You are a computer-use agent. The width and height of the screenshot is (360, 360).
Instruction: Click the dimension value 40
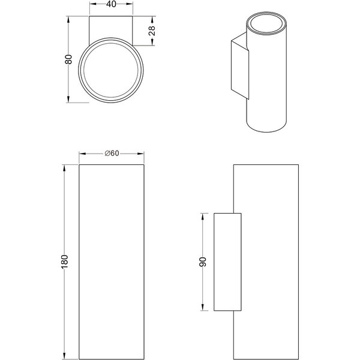pos(112,4)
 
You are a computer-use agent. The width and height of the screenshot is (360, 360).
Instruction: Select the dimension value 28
pos(152,31)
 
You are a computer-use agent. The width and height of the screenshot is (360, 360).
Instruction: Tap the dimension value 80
pos(68,59)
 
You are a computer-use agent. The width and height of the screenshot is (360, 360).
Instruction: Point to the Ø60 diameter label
pos(112,153)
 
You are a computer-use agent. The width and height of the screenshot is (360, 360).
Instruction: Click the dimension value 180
pos(65,261)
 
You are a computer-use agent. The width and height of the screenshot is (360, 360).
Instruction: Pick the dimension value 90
pos(203,262)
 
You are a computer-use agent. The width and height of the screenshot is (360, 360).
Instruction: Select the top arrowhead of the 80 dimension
pos(68,20)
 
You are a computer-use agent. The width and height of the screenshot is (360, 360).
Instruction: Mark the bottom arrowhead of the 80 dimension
pos(68,99)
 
